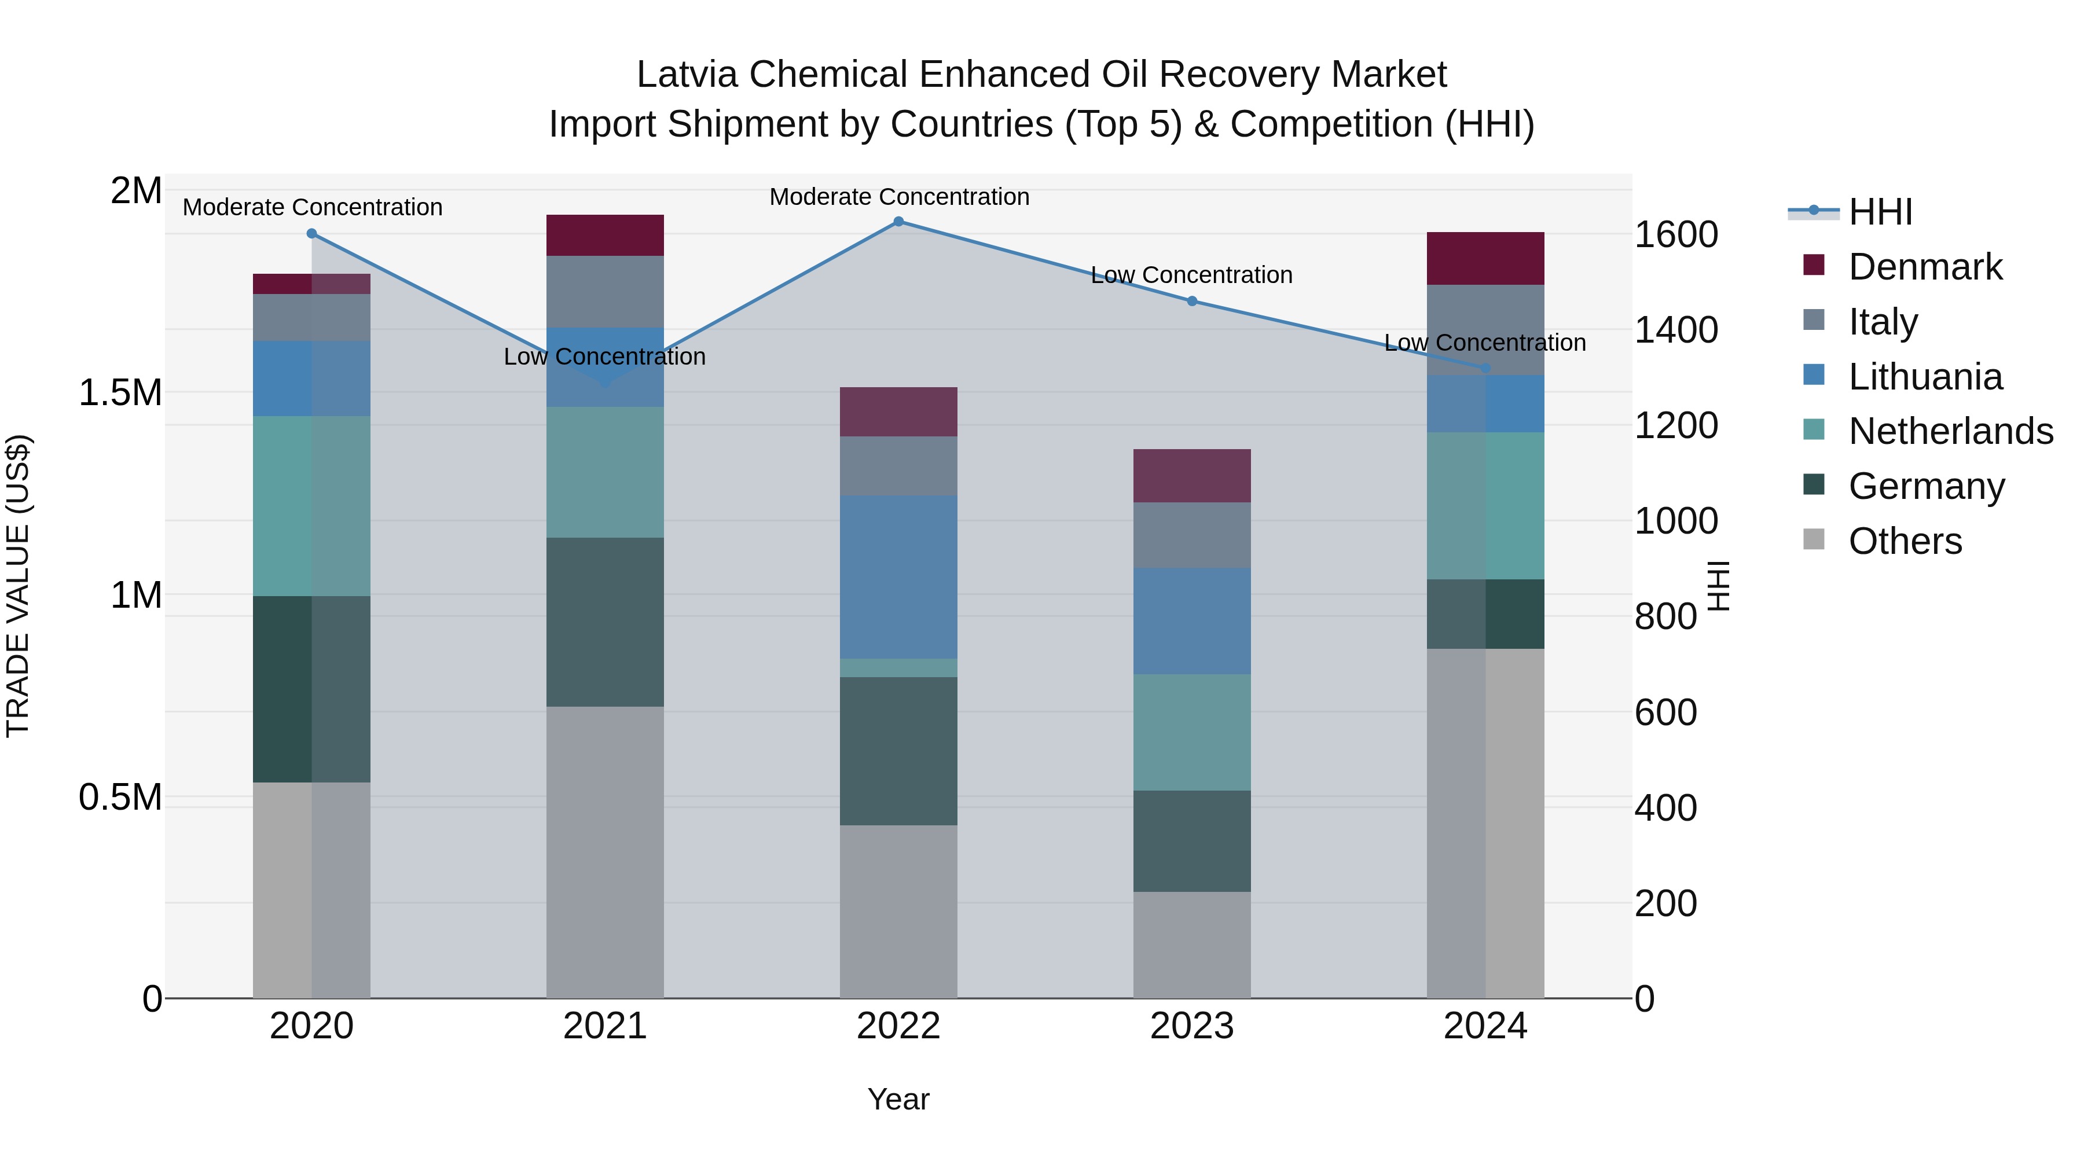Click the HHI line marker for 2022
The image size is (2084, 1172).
898,222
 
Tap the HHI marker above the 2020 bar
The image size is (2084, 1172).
311,234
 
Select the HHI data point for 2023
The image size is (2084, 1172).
1192,301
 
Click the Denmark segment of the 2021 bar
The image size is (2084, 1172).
605,236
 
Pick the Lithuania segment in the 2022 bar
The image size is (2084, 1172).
898,576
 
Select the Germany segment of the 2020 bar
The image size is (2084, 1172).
311,689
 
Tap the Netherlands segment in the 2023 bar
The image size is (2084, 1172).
1192,732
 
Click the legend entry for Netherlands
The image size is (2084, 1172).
1950,431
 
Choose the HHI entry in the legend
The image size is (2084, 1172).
1880,212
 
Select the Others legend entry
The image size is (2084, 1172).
1905,541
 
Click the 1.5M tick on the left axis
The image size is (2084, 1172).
120,393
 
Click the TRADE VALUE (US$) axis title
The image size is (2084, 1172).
18,586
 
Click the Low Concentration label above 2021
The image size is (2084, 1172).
604,357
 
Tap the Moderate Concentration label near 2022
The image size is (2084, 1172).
899,197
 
